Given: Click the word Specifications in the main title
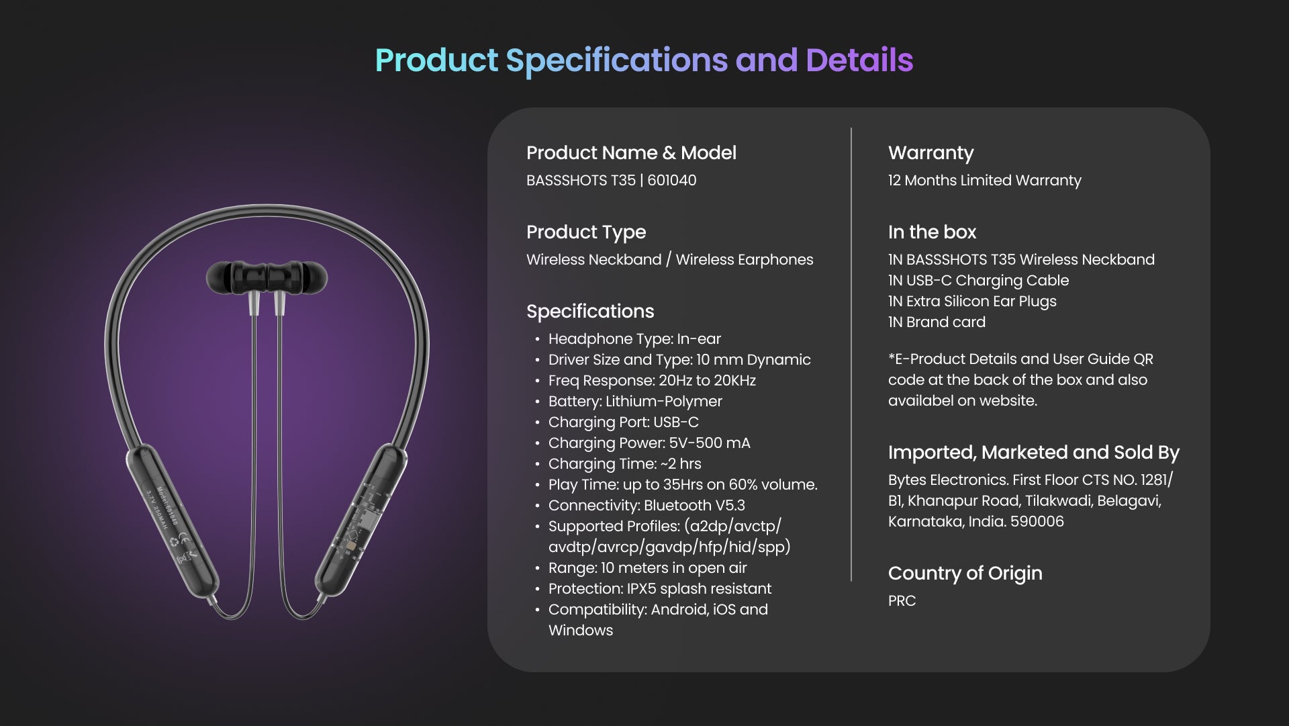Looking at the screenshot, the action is pyautogui.click(x=616, y=61).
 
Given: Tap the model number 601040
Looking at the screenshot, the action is pyautogui.click(x=671, y=181).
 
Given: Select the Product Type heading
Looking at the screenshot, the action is pyautogui.click(x=586, y=232).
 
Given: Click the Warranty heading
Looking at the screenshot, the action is pyautogui.click(x=930, y=153).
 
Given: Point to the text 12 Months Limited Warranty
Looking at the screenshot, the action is pyautogui.click(x=984, y=181).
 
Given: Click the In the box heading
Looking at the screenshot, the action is pyautogui.click(x=932, y=232).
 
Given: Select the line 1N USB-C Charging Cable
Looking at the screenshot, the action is pyautogui.click(x=978, y=281).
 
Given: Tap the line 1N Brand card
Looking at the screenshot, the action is pyautogui.click(x=937, y=322).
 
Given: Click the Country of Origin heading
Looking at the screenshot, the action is pyautogui.click(x=965, y=574).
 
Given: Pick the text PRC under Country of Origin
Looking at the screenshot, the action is pyautogui.click(x=902, y=601).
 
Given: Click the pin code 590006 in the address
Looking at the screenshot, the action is pyautogui.click(x=1037, y=522).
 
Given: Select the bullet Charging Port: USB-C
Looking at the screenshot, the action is pyautogui.click(x=623, y=422).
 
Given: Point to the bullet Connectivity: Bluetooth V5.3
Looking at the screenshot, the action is pyautogui.click(x=647, y=506).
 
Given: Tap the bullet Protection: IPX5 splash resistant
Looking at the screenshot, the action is pyautogui.click(x=659, y=589).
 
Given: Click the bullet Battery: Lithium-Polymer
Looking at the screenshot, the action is pyautogui.click(x=635, y=402).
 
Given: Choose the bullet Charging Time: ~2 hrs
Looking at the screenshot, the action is pyautogui.click(x=624, y=464).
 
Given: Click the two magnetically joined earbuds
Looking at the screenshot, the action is pyautogui.click(x=267, y=277).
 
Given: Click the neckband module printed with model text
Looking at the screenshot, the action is pyautogui.click(x=171, y=520).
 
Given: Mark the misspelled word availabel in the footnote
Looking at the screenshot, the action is pyautogui.click(x=916, y=401).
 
